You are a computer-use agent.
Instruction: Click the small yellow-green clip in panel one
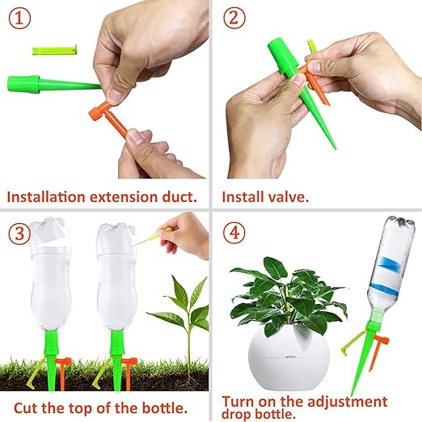point(54,49)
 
